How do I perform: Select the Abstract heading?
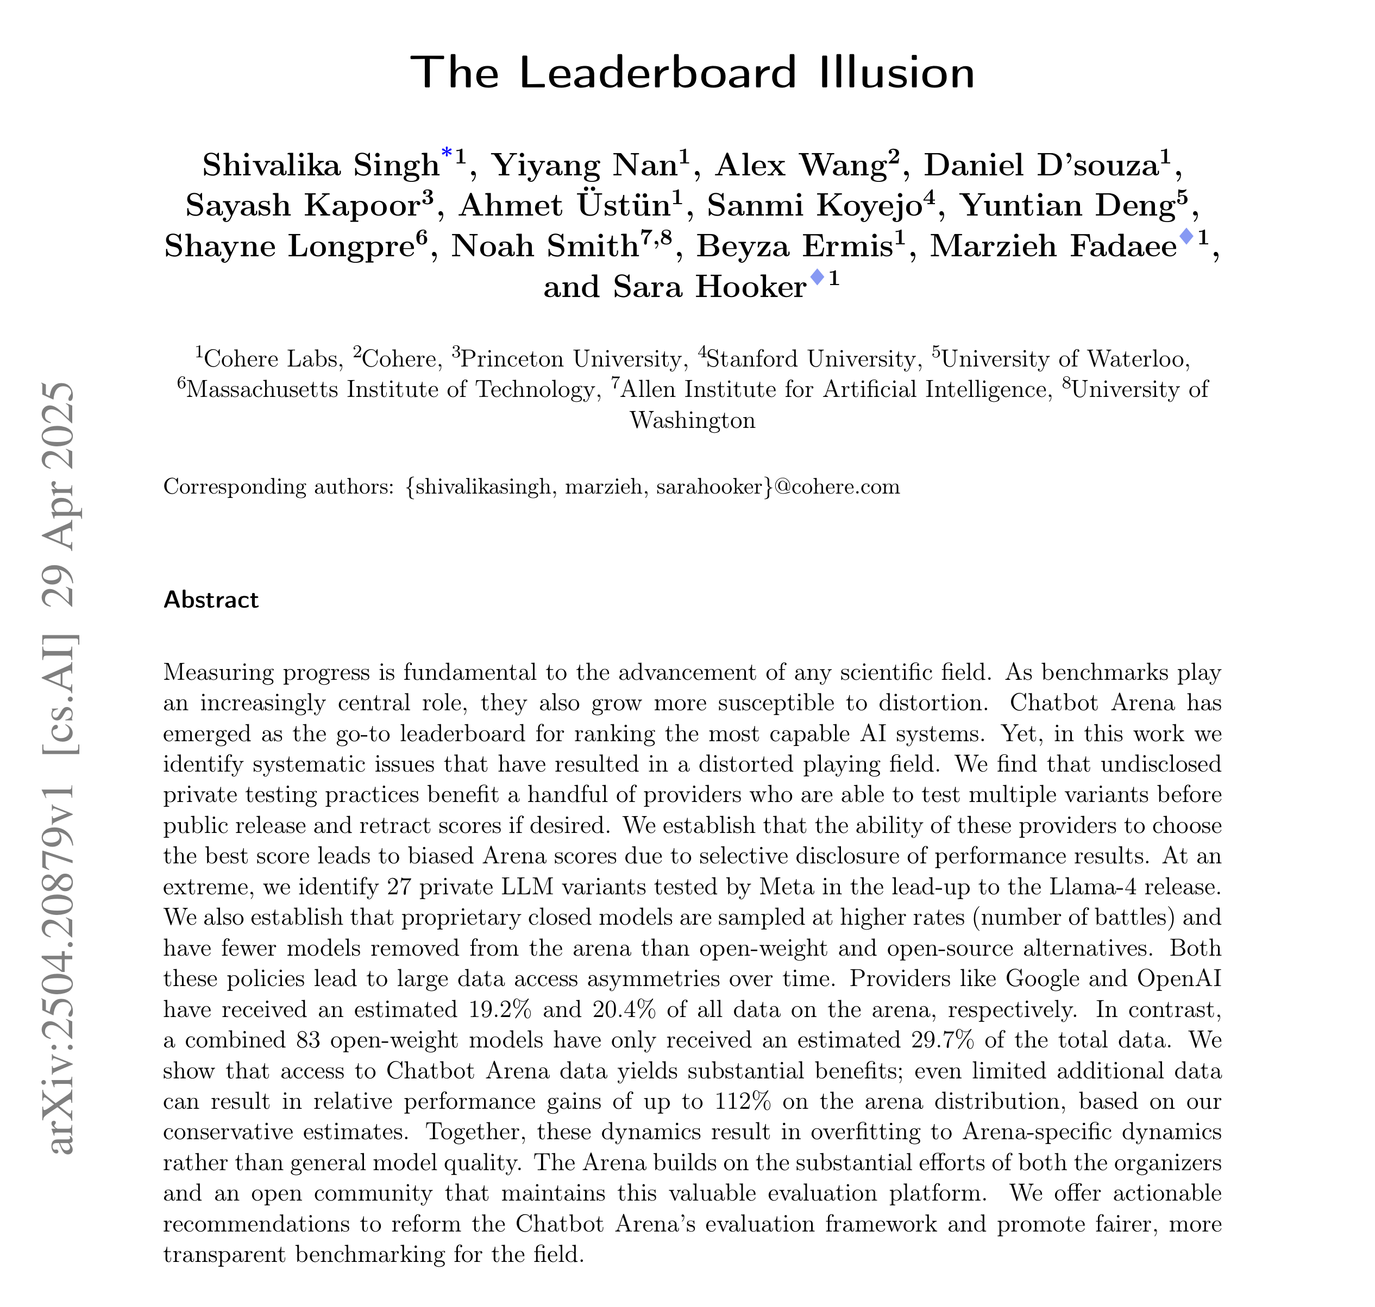click(210, 600)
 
